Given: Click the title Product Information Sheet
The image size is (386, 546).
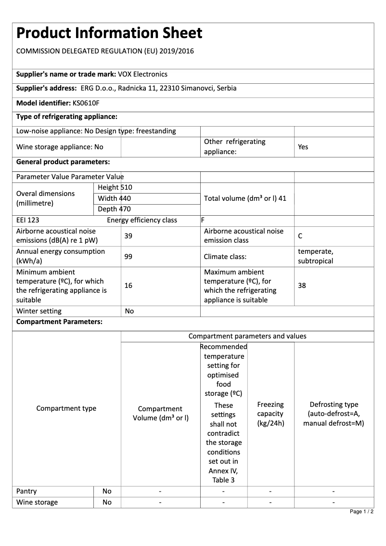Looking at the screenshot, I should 109,33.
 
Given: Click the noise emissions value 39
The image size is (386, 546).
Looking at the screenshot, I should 128,236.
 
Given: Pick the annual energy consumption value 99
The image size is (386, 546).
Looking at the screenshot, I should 128,257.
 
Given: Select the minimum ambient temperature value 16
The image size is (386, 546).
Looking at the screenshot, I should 128,286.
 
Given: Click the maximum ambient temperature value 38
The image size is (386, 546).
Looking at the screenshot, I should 302,286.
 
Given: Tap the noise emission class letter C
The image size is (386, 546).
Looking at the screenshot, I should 300,236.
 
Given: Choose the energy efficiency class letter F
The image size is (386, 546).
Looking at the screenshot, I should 203,221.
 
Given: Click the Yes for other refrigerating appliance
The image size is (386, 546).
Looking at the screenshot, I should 303,147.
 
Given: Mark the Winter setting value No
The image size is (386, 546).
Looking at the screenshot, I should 129,311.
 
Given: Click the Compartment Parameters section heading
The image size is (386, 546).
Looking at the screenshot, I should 59,322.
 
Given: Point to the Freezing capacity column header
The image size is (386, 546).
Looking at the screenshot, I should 270,414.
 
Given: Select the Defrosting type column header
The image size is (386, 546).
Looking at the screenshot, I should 334,414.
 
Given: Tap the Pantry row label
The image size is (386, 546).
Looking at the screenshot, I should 26,491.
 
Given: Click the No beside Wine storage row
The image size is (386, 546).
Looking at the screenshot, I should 107,502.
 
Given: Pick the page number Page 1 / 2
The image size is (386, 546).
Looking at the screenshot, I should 361,511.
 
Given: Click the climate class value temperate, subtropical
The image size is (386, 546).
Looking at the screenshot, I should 315,256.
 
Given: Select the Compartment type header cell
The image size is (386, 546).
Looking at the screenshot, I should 66,408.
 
